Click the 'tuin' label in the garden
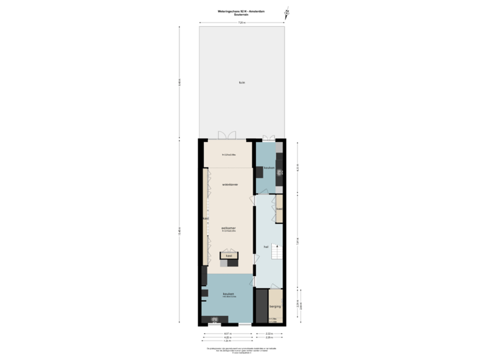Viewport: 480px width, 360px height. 241,83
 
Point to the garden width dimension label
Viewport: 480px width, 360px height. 241,23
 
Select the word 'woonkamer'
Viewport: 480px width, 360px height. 229,183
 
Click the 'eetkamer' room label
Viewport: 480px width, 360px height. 229,227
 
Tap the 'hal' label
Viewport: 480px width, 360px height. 266,245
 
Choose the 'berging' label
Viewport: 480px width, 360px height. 275,307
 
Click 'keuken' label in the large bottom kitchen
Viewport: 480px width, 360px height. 229,293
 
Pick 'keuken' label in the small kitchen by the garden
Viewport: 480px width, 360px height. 269,168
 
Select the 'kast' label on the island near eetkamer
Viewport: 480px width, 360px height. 229,255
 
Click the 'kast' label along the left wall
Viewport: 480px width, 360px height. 206,217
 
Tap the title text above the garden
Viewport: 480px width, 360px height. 241,11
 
